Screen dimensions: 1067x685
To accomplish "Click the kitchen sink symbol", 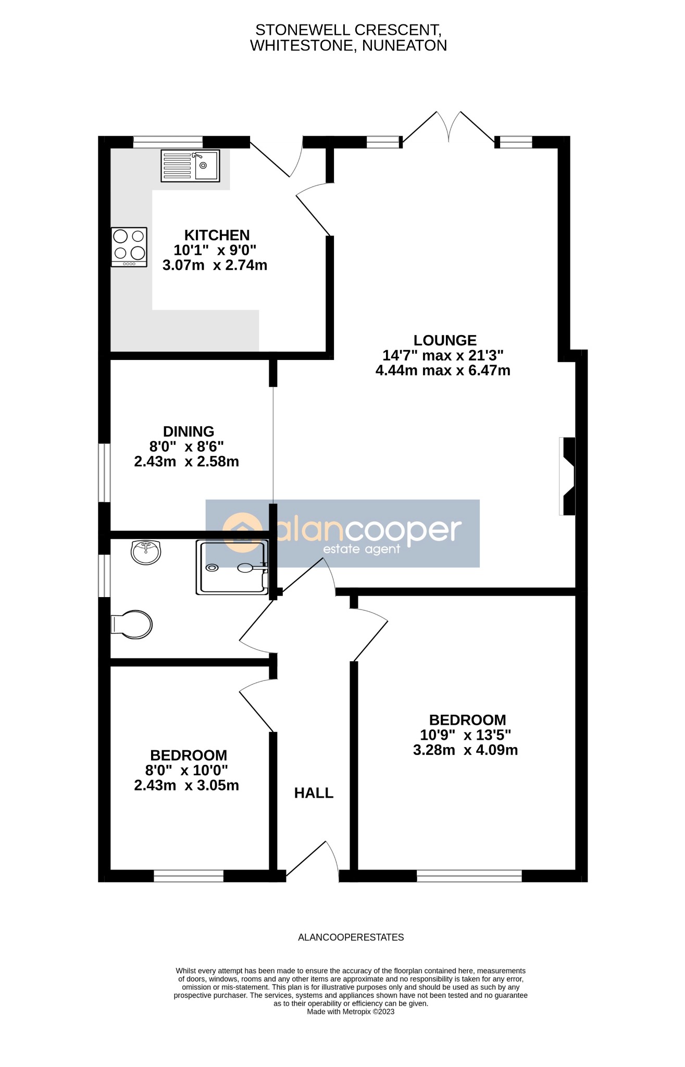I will (x=190, y=166).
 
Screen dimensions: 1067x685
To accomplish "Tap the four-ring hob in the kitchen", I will (x=129, y=247).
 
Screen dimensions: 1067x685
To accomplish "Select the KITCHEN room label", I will (x=217, y=235).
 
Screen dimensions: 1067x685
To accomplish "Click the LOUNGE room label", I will (x=445, y=340).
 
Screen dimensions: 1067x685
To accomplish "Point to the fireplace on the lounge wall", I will (x=568, y=476).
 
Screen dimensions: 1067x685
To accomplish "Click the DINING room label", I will (x=189, y=431).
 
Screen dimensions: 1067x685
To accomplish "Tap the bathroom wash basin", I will (x=146, y=552).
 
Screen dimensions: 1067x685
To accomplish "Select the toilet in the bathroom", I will (x=133, y=624).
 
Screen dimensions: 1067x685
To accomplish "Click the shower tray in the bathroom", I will (x=232, y=567).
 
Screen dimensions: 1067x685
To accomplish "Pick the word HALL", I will (x=314, y=793).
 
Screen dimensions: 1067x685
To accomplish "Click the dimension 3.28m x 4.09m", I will (x=465, y=750).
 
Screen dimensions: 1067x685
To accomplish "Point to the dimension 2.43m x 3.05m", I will (x=186, y=785).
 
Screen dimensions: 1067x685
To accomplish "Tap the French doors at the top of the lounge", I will (x=449, y=128).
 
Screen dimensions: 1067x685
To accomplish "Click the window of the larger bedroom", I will (x=469, y=876).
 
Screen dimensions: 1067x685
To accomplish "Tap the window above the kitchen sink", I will (x=168, y=142).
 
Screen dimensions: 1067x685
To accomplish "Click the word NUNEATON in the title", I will (x=404, y=46).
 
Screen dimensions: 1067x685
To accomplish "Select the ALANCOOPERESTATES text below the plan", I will (x=351, y=937).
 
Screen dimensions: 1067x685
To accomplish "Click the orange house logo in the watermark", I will (x=242, y=532).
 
